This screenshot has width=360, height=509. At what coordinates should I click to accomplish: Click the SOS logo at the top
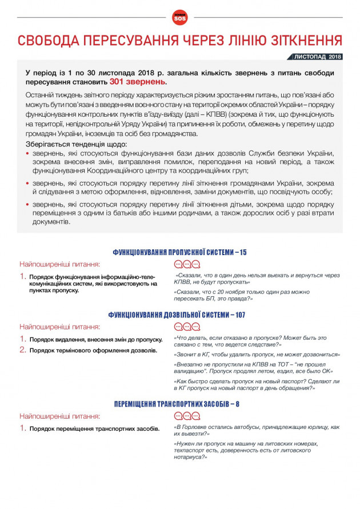pyautogui.click(x=179, y=18)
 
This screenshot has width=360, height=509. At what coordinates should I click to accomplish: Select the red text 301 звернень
pyautogui.click(x=138, y=82)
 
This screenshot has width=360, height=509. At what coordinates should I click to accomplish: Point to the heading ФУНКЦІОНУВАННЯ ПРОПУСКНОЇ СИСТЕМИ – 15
pyautogui.click(x=179, y=252)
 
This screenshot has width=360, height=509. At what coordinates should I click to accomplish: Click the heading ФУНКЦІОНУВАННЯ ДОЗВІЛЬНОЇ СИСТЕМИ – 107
pyautogui.click(x=179, y=315)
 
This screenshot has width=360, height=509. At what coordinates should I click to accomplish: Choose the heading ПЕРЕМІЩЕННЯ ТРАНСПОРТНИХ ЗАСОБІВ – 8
pyautogui.click(x=179, y=404)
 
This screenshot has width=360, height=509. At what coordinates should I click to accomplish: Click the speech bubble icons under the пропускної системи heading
pyautogui.click(x=187, y=264)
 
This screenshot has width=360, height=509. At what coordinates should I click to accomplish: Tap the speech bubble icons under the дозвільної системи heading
pyautogui.click(x=187, y=327)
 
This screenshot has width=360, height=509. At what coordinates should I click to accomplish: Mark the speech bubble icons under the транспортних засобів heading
pyautogui.click(x=187, y=416)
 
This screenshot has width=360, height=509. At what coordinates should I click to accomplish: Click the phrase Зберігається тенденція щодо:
pyautogui.click(x=68, y=144)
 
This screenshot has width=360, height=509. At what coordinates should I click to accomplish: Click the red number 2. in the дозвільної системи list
pyautogui.click(x=23, y=349)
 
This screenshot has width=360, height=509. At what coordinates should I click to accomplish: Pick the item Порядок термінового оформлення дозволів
pyautogui.click(x=93, y=350)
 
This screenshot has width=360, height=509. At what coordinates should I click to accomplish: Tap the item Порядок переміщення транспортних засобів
pyautogui.click(x=94, y=428)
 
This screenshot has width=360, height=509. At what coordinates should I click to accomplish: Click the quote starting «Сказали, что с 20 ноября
pyautogui.click(x=251, y=295)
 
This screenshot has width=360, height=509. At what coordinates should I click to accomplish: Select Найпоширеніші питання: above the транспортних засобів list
pyautogui.click(x=60, y=416)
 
